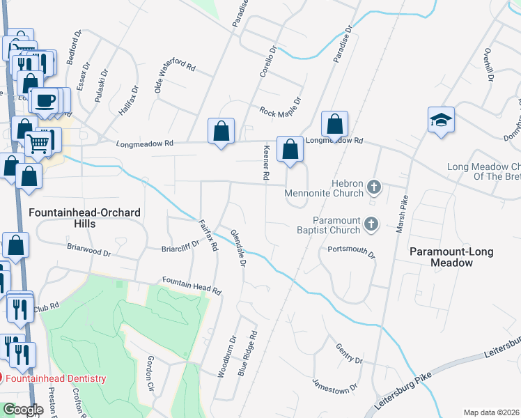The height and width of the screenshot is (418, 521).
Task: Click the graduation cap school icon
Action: (442, 121)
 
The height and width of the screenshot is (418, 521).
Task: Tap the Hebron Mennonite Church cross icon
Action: (374, 186)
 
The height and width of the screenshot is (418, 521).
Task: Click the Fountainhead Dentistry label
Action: (56, 378)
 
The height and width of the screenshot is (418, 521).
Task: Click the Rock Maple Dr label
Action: (279, 111)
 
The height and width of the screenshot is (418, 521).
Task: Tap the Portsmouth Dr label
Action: (352, 251)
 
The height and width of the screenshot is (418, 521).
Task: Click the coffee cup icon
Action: (46, 100)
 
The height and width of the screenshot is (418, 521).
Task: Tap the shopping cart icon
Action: (39, 144)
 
